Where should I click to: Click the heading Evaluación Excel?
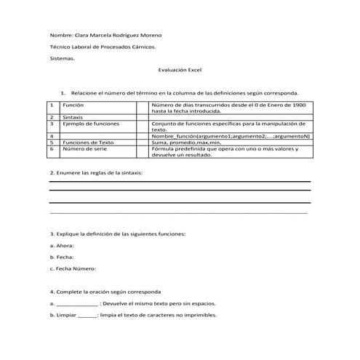pyautogui.click(x=179, y=70)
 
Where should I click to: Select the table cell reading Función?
pyautogui.click(x=73, y=105)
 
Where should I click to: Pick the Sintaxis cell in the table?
pyautogui.click(x=73, y=117)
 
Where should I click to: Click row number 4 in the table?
pyautogui.click(x=53, y=136)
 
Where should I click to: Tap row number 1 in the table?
pyautogui.click(x=53, y=105)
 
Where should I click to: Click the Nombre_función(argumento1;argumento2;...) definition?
pyautogui.click(x=231, y=136)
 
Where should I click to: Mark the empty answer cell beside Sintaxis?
pyautogui.click(x=142, y=117)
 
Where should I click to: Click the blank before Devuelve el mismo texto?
pyautogui.click(x=76, y=304)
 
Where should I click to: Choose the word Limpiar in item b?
pyautogui.click(x=66, y=315)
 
